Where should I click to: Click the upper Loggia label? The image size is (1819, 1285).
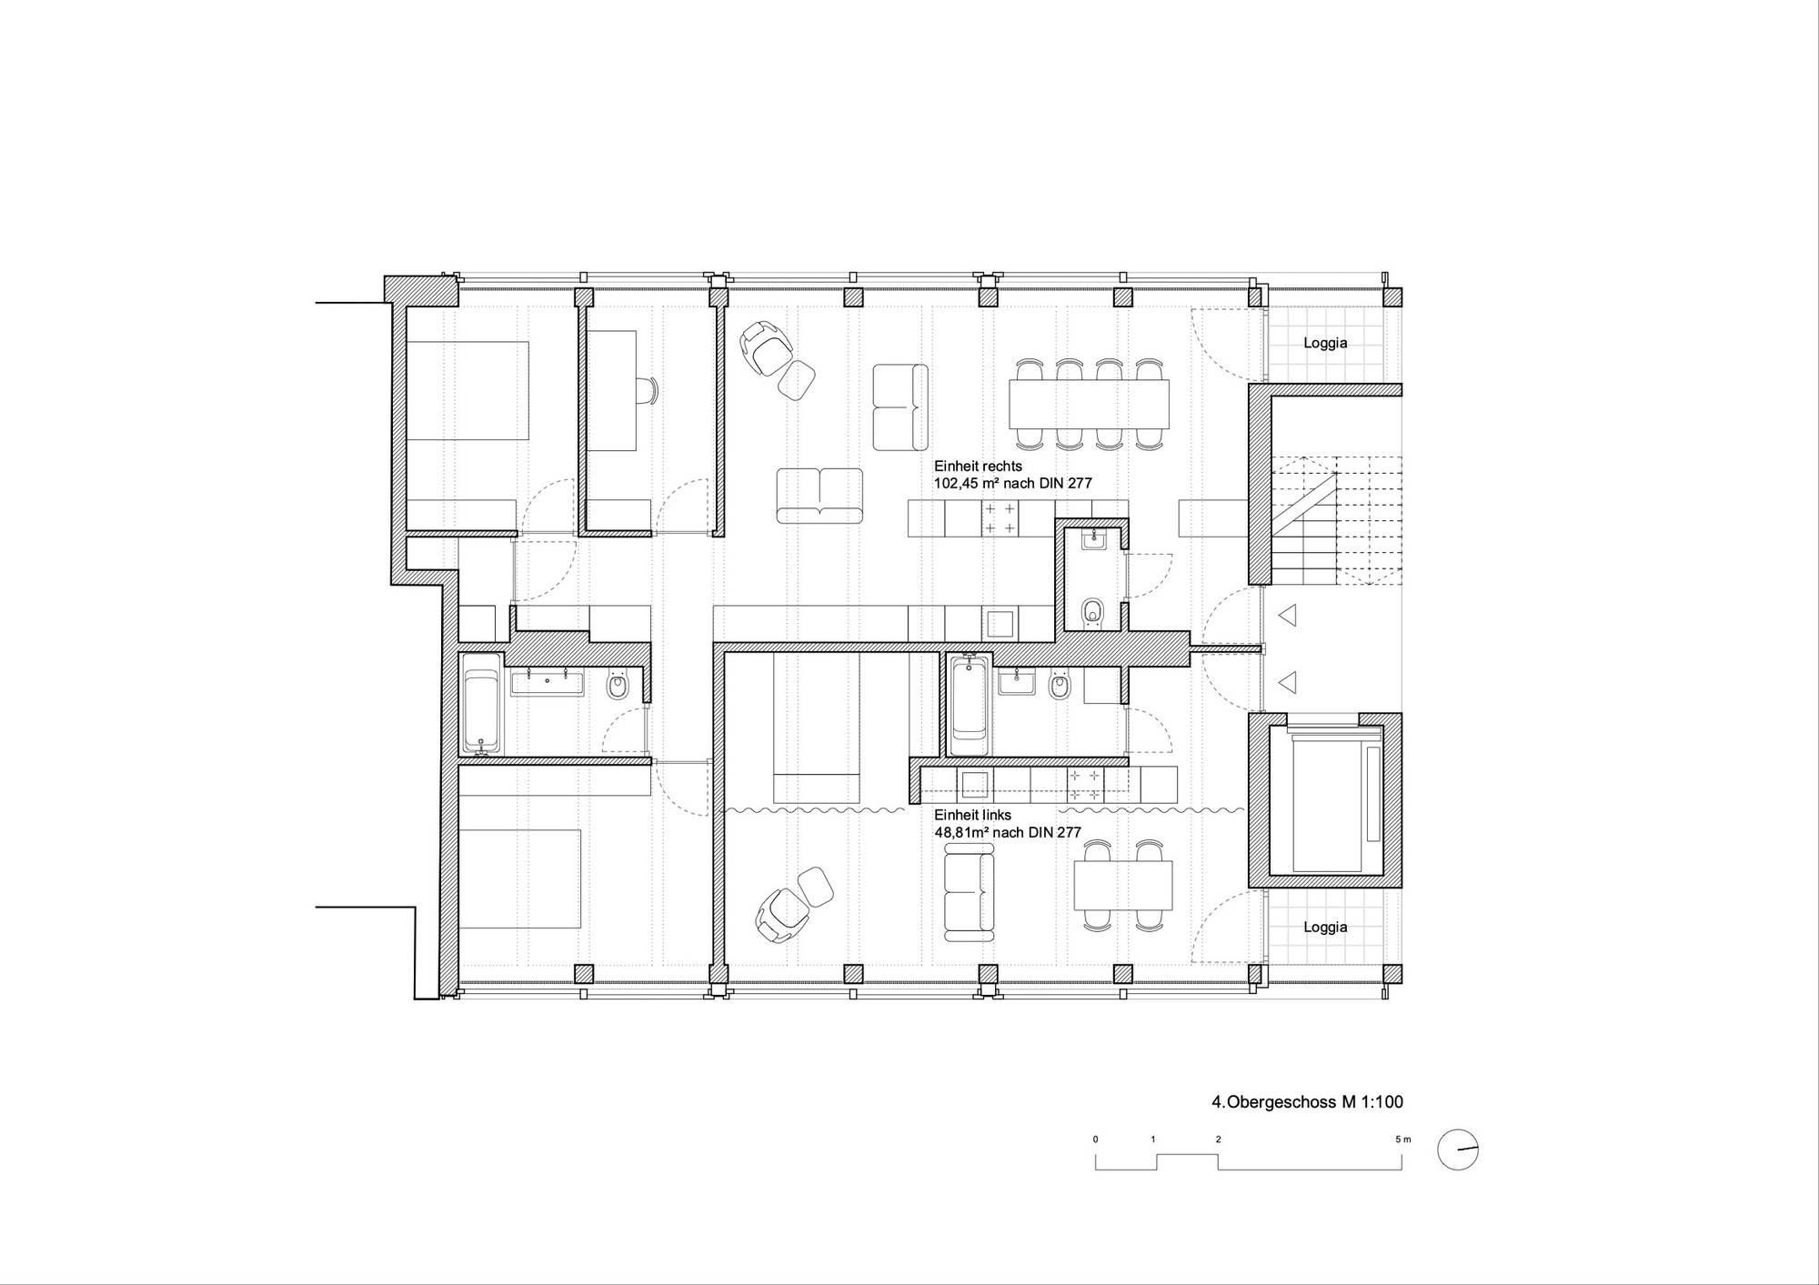(1325, 343)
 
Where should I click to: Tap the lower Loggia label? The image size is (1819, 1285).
(1325, 927)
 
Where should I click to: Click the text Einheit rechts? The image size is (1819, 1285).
(979, 466)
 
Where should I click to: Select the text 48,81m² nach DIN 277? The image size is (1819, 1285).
(1008, 832)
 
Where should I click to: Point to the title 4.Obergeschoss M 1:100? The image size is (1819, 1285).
(1307, 1102)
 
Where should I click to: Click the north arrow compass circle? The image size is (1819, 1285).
(1458, 1150)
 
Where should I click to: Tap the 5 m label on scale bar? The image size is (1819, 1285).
(1404, 1139)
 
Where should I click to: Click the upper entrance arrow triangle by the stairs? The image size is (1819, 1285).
(1287, 617)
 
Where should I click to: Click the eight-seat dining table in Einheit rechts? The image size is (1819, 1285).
(1089, 404)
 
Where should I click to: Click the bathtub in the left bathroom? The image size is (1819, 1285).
(480, 704)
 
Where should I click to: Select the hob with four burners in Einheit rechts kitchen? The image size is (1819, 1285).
(1000, 517)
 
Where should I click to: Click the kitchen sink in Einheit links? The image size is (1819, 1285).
(976, 784)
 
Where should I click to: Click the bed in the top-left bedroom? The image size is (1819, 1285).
(467, 391)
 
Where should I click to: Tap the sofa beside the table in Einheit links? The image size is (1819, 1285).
(970, 891)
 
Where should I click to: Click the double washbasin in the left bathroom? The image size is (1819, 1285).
(547, 683)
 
